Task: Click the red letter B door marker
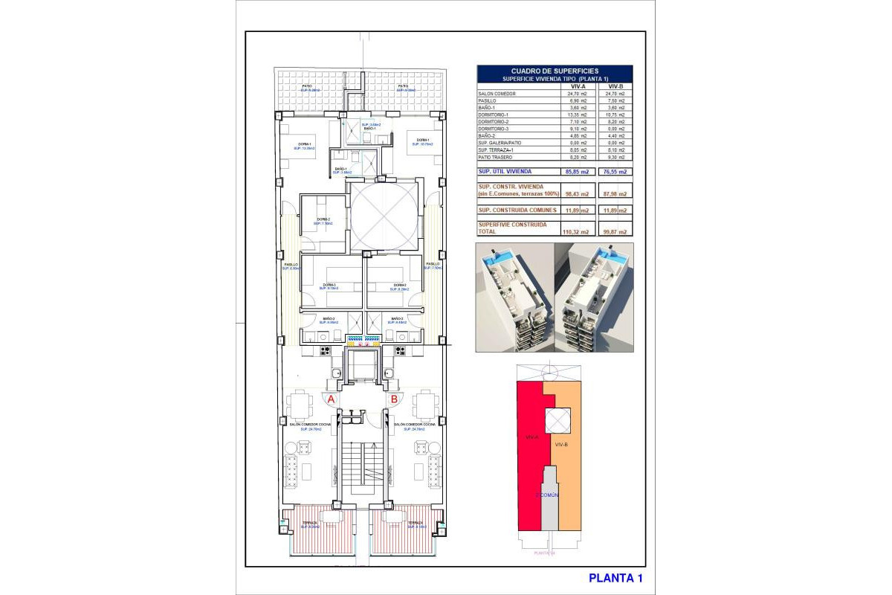pos(394,399)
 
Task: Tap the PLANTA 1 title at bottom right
pos(615,578)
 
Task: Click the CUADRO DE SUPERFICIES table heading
pos(555,71)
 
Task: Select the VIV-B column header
pos(615,86)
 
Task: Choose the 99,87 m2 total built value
pos(615,231)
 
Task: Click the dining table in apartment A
pos(300,405)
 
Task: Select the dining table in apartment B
pos(425,405)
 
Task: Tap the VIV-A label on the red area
pos(531,437)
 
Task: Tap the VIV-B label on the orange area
pos(562,444)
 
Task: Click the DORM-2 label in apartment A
pos(323,220)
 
